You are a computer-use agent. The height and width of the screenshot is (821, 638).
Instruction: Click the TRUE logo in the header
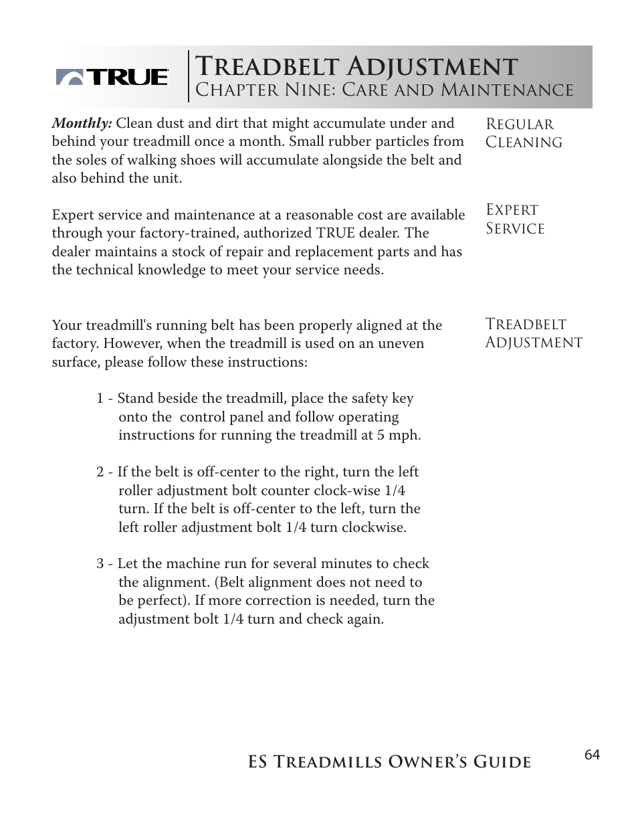pos(112,78)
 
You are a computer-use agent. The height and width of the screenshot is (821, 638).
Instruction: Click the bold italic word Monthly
pos(82,124)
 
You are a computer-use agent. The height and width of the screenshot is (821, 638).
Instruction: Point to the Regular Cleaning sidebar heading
pos(523,133)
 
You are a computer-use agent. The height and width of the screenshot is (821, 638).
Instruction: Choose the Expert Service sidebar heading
pos(514,219)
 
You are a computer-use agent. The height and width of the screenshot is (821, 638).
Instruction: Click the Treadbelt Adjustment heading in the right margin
pos(533,333)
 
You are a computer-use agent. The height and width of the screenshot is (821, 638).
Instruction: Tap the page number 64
pos(592,755)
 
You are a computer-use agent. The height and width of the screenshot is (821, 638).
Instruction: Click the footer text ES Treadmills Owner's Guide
pos(389,762)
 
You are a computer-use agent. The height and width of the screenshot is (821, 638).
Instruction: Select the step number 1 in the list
pos(100,399)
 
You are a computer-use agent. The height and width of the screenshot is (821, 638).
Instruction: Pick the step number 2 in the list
pos(100,472)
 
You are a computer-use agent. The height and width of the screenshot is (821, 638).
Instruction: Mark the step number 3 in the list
pos(100,564)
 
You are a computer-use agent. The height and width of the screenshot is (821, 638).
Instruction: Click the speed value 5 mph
pos(400,436)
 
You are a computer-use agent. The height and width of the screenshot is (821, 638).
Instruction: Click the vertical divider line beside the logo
pos(189,76)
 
